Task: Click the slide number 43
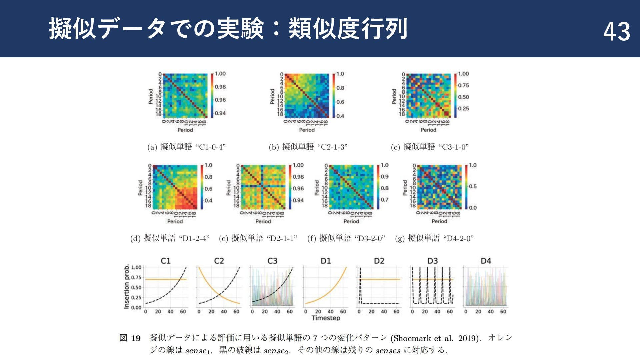click(616, 32)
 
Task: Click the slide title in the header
click(228, 29)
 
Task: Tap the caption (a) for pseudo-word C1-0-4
click(186, 147)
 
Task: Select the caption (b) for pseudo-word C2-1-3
click(308, 147)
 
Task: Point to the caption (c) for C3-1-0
click(430, 147)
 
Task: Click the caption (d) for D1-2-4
click(170, 238)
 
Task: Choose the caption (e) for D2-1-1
click(258, 238)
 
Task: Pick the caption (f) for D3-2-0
click(346, 238)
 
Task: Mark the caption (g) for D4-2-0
click(434, 238)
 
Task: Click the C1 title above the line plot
click(166, 261)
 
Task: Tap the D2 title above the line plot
click(379, 261)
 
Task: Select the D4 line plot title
click(486, 261)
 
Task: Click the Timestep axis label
click(326, 318)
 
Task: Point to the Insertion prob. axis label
click(127, 287)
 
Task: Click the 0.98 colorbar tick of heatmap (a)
click(220, 87)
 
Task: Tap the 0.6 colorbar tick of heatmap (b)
click(340, 102)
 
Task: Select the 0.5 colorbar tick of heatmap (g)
click(473, 186)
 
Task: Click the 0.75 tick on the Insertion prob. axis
click(136, 277)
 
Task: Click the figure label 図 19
click(130, 338)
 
